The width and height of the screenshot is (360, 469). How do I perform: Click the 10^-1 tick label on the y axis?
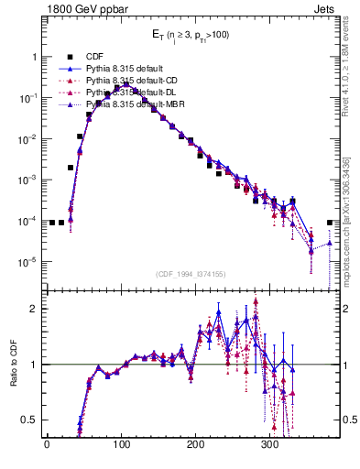coord(29,98)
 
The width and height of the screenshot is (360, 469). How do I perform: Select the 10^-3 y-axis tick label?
coord(29,180)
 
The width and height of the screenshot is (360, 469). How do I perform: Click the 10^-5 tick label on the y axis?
coord(29,262)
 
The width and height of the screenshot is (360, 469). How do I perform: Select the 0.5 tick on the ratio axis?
coord(30,420)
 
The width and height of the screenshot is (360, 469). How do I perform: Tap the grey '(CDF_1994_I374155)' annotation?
coord(195,273)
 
